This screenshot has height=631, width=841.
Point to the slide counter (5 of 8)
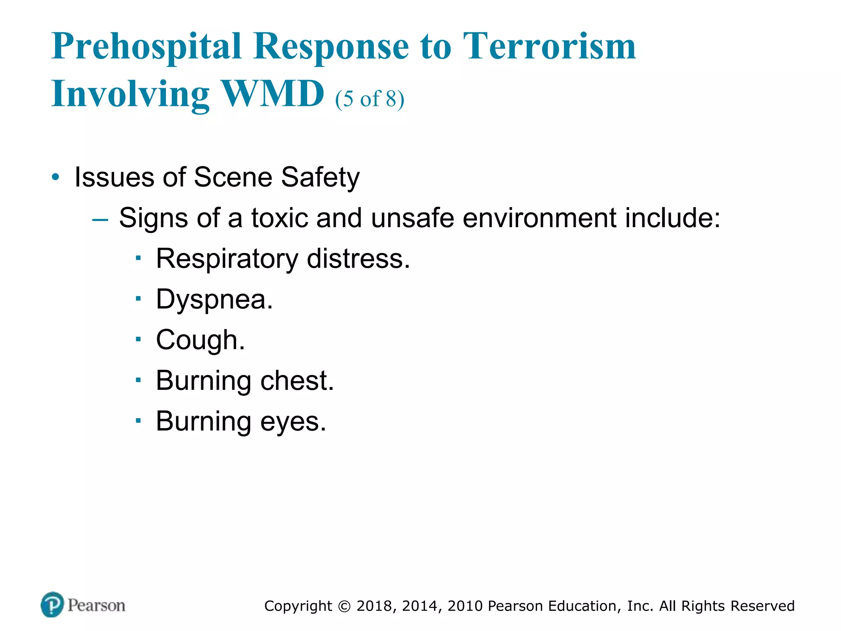(x=370, y=99)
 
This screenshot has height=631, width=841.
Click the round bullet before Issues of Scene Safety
(x=55, y=178)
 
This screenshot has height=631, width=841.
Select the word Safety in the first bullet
(x=320, y=178)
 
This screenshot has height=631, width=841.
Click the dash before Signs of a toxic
(x=100, y=219)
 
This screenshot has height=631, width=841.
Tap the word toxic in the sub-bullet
(x=279, y=218)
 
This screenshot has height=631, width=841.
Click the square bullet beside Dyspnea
(x=138, y=299)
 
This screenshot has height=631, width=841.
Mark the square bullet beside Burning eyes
(x=138, y=421)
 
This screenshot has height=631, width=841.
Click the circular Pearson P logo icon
(x=53, y=604)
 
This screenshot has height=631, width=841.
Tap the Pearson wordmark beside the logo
(x=97, y=606)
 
